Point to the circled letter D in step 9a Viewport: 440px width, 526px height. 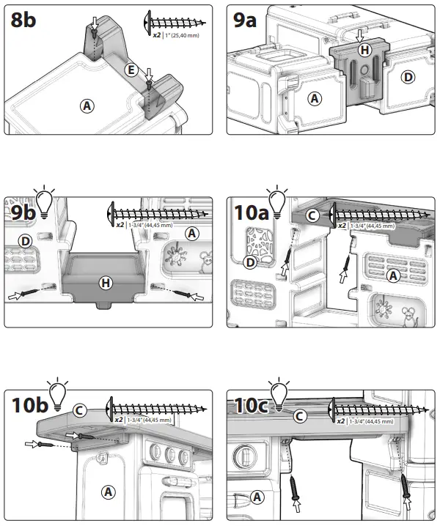pyautogui.click(x=407, y=76)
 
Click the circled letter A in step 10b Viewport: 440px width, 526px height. pyautogui.click(x=108, y=490)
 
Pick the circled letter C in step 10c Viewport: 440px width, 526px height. pyautogui.click(x=299, y=416)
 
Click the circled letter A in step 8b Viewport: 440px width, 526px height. pyautogui.click(x=87, y=106)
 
